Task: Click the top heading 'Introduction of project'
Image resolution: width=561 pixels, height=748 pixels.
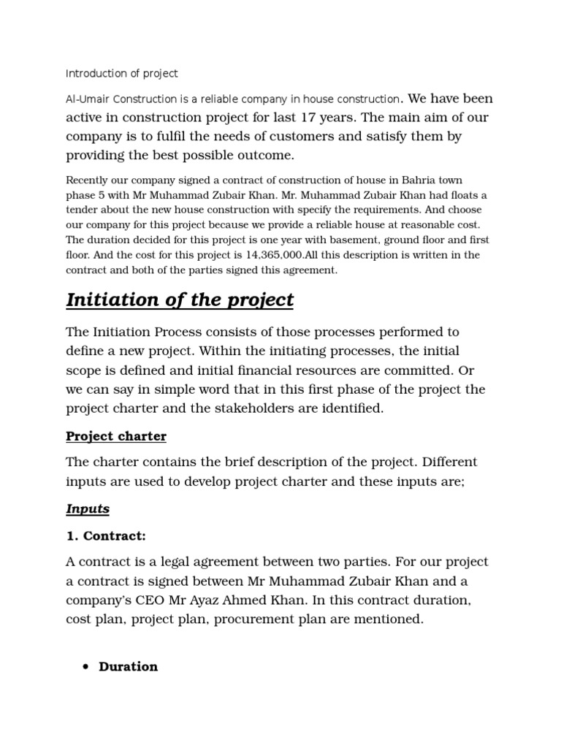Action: tap(121, 74)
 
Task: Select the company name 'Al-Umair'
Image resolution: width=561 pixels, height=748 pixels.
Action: tap(87, 99)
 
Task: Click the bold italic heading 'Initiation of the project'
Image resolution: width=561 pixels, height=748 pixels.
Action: tap(180, 299)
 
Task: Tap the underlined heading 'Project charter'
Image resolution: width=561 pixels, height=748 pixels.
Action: tap(116, 436)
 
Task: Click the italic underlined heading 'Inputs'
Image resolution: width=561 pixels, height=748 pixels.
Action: tap(88, 508)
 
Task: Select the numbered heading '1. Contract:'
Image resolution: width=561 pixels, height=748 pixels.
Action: tap(106, 536)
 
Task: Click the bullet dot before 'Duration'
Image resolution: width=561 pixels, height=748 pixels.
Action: tap(86, 667)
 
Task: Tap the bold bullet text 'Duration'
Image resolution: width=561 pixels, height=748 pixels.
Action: tap(128, 666)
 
